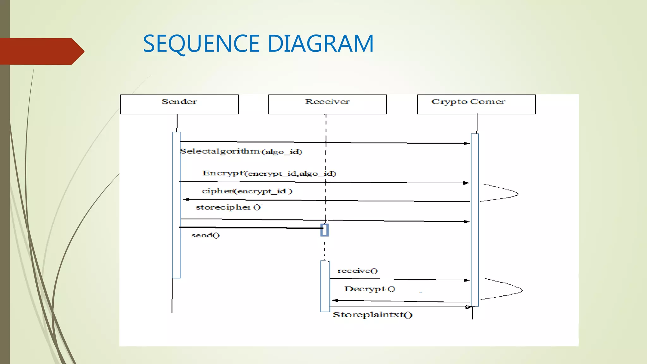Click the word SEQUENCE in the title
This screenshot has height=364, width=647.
(x=201, y=44)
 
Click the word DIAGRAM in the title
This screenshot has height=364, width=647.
(x=321, y=44)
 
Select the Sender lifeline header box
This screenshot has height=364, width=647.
(x=179, y=104)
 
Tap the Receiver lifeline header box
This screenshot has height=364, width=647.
(x=327, y=104)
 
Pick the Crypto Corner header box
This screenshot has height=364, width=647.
(x=476, y=104)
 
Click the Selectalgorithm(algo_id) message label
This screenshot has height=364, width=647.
(x=241, y=152)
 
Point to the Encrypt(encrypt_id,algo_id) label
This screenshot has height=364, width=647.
(x=269, y=173)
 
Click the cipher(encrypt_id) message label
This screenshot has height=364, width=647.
(x=247, y=191)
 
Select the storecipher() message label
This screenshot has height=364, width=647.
(x=228, y=207)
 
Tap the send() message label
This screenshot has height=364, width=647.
(x=205, y=235)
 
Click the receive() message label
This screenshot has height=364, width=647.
(x=357, y=271)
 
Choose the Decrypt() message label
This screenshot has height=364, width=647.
(x=369, y=289)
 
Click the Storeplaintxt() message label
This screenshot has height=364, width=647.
(x=372, y=315)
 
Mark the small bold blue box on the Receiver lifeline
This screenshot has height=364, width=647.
(x=324, y=230)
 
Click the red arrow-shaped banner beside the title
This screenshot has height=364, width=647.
(x=41, y=51)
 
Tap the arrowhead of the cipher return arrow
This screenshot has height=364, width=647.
(x=186, y=199)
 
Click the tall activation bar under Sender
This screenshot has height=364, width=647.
(x=176, y=205)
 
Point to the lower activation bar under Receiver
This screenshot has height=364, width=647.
(x=325, y=286)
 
